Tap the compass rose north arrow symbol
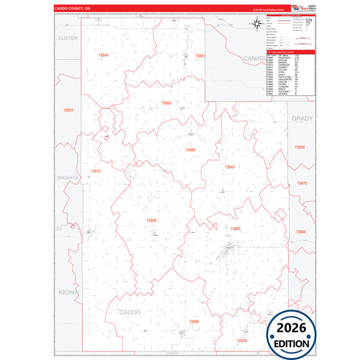257,25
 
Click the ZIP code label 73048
103,55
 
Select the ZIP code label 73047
199,55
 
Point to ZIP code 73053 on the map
166,103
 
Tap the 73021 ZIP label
67,109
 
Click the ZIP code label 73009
190,149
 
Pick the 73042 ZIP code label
230,166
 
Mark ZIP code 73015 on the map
95,172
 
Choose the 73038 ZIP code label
151,220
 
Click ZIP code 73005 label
235,229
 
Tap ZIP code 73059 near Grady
301,147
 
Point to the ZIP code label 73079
302,184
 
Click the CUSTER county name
68,38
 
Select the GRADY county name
302,118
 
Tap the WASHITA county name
68,177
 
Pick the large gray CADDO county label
130,312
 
